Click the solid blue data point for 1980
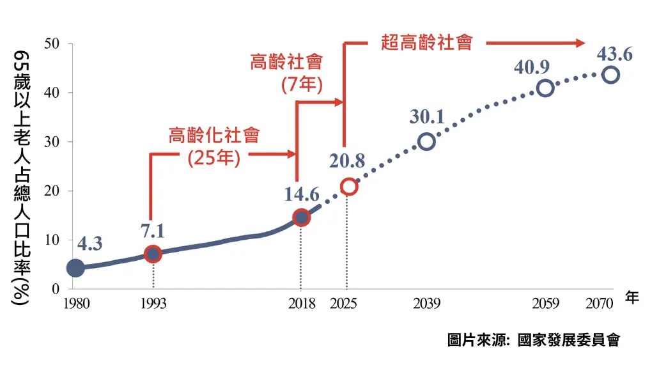coord(75,268)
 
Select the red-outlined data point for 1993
coord(152,254)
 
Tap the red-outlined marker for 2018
coord(301,217)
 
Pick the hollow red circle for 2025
coord(348,187)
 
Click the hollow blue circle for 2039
coord(426,141)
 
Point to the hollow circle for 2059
coord(545,88)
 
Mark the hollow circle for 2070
coord(610,74)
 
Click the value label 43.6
coord(614,54)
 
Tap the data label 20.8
coord(347,162)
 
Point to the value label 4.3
coord(89,244)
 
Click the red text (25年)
coord(214,158)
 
